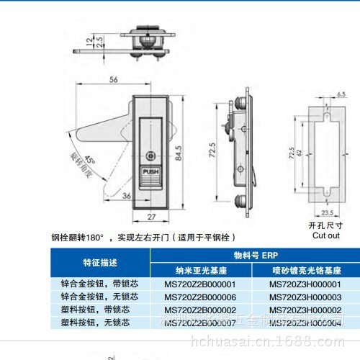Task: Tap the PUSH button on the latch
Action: (x=150, y=173)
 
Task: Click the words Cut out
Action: (x=324, y=235)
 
